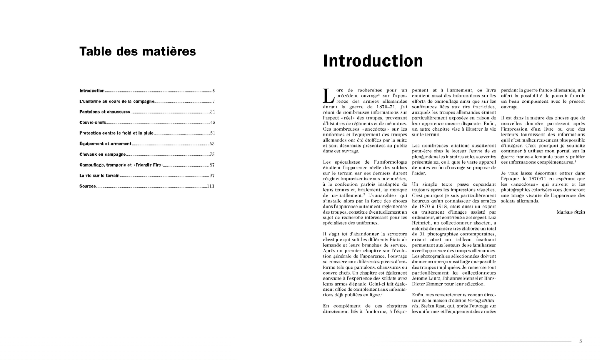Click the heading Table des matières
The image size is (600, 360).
click(138, 51)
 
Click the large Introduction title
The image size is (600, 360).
click(373, 61)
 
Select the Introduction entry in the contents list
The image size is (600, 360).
click(92, 91)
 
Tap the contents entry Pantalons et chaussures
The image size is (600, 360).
click(105, 112)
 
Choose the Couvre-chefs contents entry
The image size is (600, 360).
click(93, 123)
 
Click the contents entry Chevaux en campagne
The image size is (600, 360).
click(102, 155)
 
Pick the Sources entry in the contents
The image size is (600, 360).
click(87, 186)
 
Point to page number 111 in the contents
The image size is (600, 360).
click(210, 186)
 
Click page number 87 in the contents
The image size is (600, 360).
click(212, 165)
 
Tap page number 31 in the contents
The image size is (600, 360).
click(212, 112)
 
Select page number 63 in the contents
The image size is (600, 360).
click(212, 144)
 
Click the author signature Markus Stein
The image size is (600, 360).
click(570, 212)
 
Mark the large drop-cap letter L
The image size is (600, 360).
click(328, 96)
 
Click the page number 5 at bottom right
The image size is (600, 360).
click(581, 341)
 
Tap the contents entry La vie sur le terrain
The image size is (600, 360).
click(99, 176)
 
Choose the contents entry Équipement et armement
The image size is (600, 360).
click(105, 144)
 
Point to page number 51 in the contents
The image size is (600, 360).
click(212, 133)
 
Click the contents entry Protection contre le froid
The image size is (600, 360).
click(116, 133)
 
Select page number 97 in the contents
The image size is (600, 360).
click(212, 176)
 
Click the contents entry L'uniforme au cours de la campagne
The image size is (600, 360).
click(117, 102)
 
